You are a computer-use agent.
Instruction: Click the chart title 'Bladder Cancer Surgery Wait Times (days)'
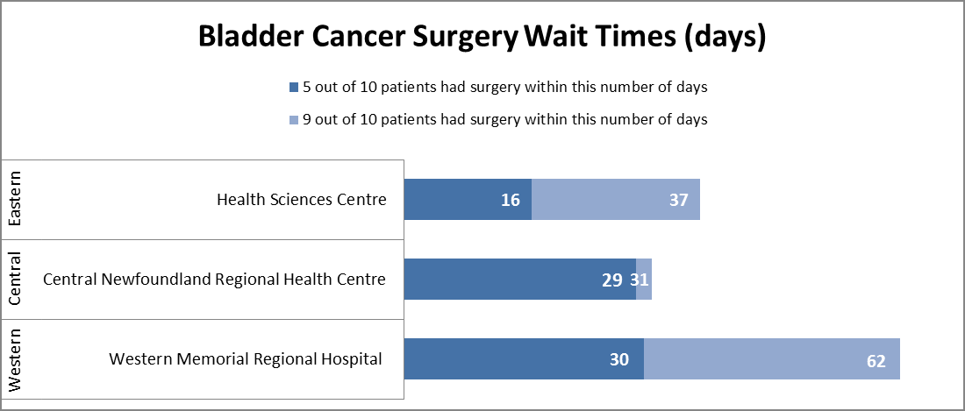pyautogui.click(x=482, y=37)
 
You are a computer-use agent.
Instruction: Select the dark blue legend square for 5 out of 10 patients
pyautogui.click(x=294, y=88)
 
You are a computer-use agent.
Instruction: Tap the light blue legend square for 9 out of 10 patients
pyautogui.click(x=294, y=119)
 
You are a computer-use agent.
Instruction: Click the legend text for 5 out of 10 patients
pyautogui.click(x=504, y=88)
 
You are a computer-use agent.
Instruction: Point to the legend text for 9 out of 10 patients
pyautogui.click(x=504, y=119)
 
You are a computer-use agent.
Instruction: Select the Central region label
pyautogui.click(x=16, y=280)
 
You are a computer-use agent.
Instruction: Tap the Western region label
pyautogui.click(x=16, y=359)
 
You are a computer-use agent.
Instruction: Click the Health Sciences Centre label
pyautogui.click(x=301, y=200)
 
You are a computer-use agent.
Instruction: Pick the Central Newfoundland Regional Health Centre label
pyautogui.click(x=214, y=280)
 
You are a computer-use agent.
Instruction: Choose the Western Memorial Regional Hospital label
pyautogui.click(x=246, y=358)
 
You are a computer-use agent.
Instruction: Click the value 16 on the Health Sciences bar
pyautogui.click(x=511, y=201)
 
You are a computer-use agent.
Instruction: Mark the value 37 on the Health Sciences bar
pyautogui.click(x=678, y=201)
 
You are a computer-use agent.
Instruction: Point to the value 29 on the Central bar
pyautogui.click(x=612, y=280)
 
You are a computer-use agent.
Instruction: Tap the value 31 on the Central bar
pyautogui.click(x=640, y=280)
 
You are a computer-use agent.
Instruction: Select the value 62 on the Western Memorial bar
pyautogui.click(x=876, y=360)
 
